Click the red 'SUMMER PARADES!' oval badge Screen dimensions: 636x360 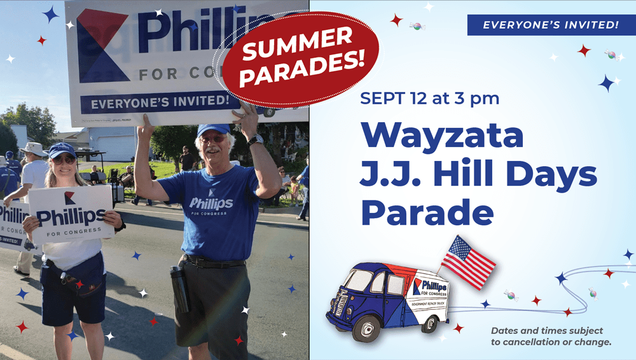301,59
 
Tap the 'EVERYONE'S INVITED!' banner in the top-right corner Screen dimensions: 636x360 551,25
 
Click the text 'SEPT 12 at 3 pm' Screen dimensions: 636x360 429,98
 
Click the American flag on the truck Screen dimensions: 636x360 468,262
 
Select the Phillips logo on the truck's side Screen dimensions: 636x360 429,287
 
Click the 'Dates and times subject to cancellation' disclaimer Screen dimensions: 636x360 551,336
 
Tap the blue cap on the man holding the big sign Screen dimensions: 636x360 213,130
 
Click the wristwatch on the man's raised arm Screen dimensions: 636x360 256,140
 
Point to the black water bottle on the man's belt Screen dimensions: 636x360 180,289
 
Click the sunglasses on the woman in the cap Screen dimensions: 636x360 64,160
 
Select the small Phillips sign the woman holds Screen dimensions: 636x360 71,214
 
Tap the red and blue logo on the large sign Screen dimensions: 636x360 100,45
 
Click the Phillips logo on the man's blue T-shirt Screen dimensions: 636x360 211,202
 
